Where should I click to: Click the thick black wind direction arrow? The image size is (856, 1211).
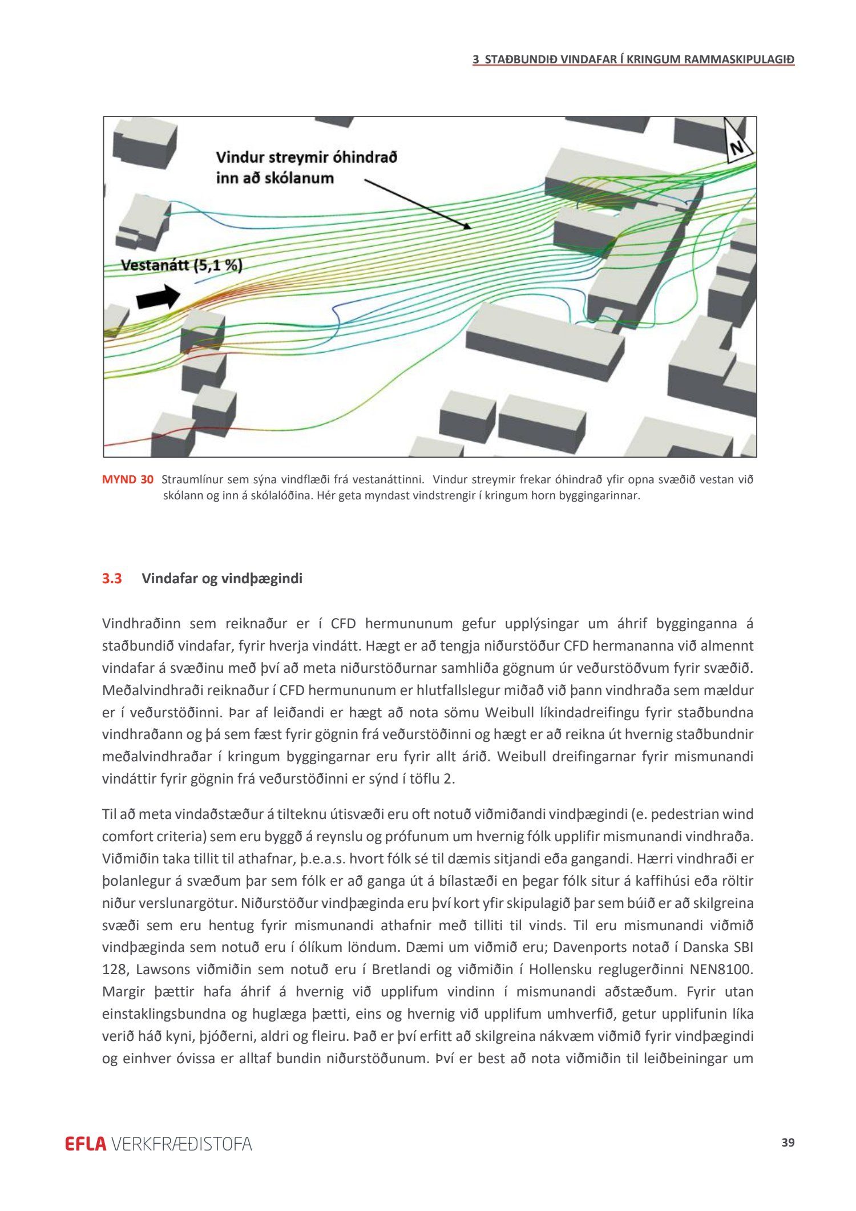[158, 297]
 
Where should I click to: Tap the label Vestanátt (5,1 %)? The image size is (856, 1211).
[181, 265]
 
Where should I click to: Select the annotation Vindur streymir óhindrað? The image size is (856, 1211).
[306, 158]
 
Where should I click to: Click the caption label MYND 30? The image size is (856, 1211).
[128, 479]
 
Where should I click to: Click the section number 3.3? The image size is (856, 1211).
[112, 579]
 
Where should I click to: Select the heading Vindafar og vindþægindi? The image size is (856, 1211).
[222, 579]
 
